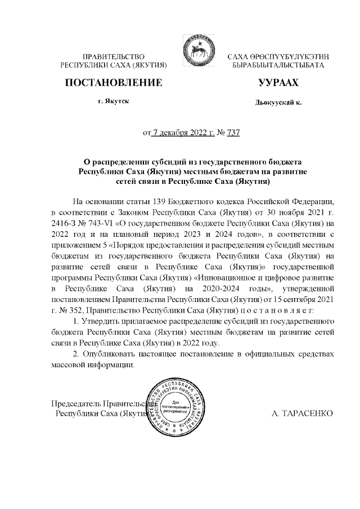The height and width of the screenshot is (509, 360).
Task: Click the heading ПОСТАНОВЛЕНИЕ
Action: (x=114, y=83)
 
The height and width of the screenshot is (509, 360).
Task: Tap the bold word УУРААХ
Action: (x=278, y=83)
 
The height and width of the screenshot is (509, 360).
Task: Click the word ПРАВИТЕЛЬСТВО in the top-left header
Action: (x=114, y=57)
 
